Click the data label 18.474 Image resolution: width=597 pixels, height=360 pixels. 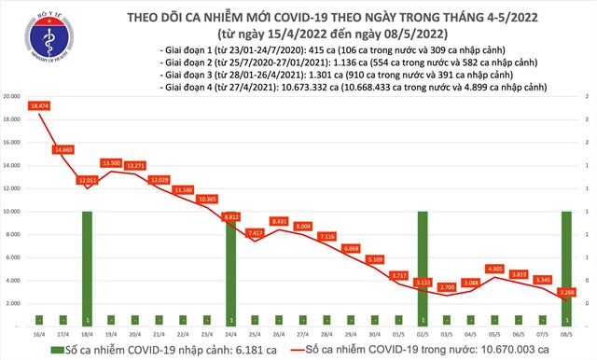(39, 107)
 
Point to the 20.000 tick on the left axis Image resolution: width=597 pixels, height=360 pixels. (12, 96)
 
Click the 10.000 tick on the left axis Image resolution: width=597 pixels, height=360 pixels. (12, 212)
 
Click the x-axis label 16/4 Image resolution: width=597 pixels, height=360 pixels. (38, 335)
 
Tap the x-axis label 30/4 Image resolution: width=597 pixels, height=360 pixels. (374, 335)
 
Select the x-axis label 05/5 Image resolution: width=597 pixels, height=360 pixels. (493, 335)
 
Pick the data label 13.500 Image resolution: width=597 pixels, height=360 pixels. (110, 162)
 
